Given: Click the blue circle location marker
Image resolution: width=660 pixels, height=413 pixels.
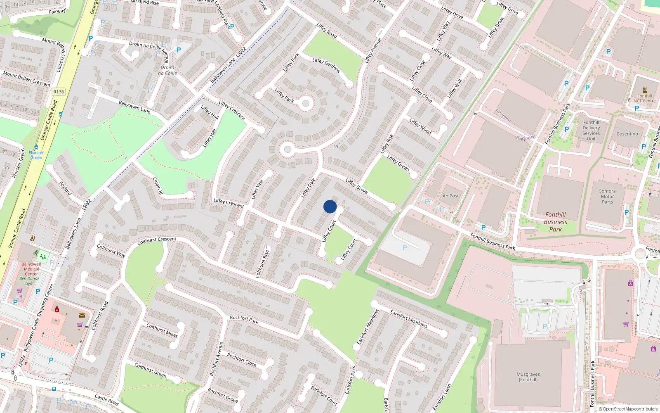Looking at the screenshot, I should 330,206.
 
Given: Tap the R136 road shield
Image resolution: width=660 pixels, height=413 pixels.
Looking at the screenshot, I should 59,92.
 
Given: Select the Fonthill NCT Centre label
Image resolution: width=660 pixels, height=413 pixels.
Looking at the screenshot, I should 644,98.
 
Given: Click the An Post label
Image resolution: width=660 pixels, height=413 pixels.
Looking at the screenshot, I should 450,196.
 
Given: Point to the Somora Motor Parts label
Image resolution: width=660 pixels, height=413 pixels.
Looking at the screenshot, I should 607,196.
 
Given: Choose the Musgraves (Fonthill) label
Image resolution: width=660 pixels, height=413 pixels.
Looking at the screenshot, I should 528,377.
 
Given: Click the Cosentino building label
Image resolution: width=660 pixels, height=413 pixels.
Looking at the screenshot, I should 627,134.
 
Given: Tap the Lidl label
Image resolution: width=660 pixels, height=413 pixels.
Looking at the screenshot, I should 20,297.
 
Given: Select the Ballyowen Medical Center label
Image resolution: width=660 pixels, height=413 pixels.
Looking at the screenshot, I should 31,269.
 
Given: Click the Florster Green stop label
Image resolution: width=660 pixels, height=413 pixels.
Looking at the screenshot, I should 36,155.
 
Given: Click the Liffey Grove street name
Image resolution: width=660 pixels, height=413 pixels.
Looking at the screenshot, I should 356,186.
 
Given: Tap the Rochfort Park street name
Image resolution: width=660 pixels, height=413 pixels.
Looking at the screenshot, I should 244,320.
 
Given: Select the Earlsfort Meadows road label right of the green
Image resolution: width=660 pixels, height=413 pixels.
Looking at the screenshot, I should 409,319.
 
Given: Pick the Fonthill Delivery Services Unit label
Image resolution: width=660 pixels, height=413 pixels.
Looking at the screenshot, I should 591,131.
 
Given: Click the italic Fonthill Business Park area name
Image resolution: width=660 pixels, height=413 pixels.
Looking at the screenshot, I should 555,222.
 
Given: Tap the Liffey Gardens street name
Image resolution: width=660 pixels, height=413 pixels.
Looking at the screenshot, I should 326,65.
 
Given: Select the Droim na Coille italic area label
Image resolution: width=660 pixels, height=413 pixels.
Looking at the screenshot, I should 167,70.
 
